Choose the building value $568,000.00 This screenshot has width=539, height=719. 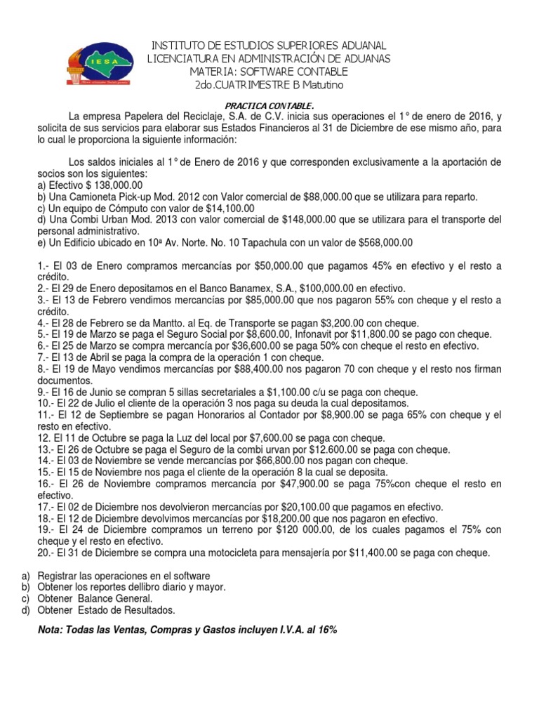pyautogui.click(x=385, y=242)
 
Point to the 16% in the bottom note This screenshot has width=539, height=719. pyautogui.click(x=327, y=630)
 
